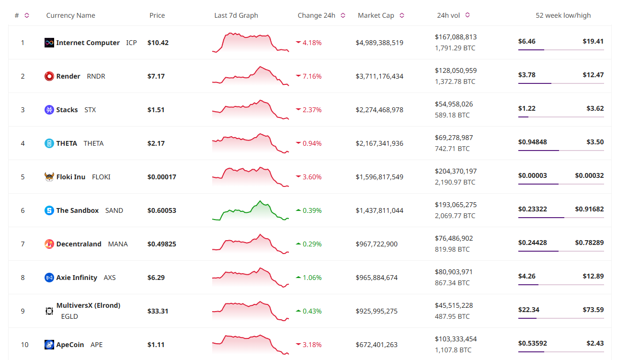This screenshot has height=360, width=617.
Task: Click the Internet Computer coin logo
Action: pyautogui.click(x=49, y=43)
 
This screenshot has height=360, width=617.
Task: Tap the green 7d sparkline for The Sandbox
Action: pyautogui.click(x=251, y=210)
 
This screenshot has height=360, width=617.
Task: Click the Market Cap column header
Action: pyautogui.click(x=376, y=15)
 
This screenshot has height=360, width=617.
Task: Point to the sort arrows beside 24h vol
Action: pyautogui.click(x=468, y=15)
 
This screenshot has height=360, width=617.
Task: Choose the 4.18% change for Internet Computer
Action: pyautogui.click(x=312, y=43)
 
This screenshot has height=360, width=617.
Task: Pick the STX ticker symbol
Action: pyautogui.click(x=90, y=110)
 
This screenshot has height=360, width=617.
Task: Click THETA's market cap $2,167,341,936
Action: pyautogui.click(x=379, y=143)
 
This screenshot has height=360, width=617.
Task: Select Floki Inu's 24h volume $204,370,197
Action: pyautogui.click(x=456, y=171)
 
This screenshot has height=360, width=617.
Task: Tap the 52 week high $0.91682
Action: pyautogui.click(x=589, y=209)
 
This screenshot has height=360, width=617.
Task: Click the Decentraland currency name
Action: pyautogui.click(x=79, y=244)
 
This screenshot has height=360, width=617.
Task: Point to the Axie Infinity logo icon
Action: pyautogui.click(x=49, y=278)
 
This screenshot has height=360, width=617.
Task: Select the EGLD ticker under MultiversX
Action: pyautogui.click(x=69, y=316)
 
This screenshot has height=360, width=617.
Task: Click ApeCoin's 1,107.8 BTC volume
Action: pyautogui.click(x=453, y=350)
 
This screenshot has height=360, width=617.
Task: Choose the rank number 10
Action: pyautogui.click(x=25, y=345)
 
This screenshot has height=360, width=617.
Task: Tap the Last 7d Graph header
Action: pyautogui.click(x=236, y=15)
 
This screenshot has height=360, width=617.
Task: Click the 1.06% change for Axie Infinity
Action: pyautogui.click(x=312, y=278)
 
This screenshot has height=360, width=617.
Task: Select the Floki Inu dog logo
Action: pyautogui.click(x=49, y=177)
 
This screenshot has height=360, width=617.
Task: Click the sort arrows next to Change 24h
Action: pyautogui.click(x=343, y=15)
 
